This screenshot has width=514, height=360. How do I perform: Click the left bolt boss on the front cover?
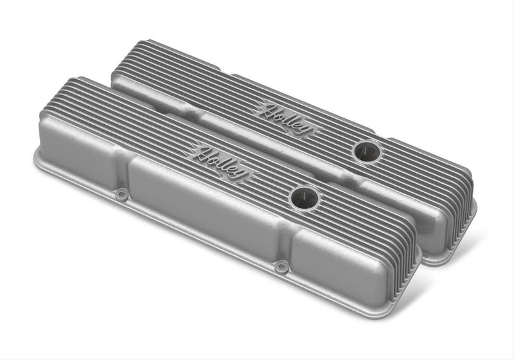pos(120,192)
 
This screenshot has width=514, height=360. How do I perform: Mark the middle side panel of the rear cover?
pos(270,140)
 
